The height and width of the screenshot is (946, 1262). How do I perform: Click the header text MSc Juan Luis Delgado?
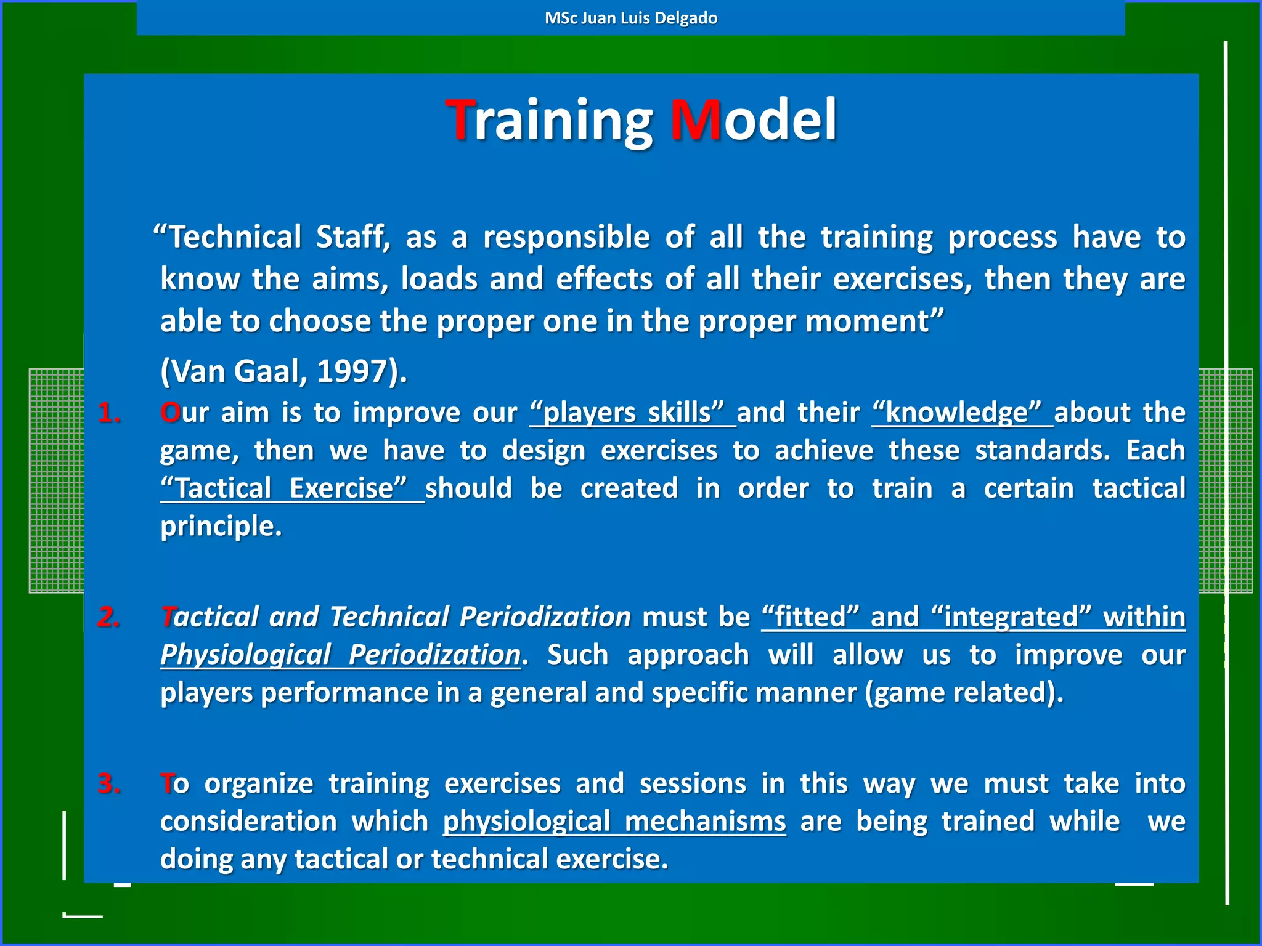coord(630,18)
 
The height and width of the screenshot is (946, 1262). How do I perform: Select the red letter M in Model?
coord(695,120)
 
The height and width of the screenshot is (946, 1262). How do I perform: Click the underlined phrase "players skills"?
coord(632,413)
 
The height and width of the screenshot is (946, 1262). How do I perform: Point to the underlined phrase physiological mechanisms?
coord(614,822)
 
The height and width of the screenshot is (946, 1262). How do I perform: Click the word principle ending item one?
coord(221,527)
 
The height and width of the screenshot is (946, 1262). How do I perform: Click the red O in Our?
coord(169,413)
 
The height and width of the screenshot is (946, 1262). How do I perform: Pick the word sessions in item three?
coord(692,784)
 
